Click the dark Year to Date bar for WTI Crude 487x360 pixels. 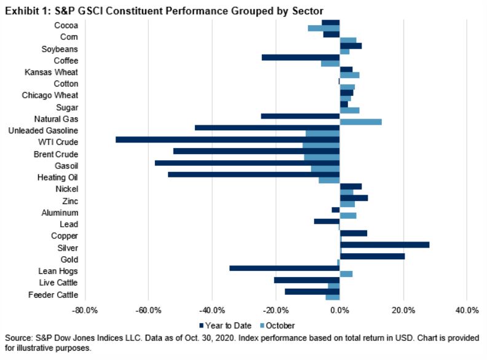point(228,139)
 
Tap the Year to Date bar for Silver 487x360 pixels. point(384,245)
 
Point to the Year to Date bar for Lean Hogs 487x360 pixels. point(284,268)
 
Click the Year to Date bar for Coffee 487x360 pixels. point(301,57)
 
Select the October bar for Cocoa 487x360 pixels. point(323,28)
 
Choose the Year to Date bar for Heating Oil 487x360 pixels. point(253,174)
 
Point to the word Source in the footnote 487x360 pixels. point(17,338)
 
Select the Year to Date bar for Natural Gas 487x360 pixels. point(300,115)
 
